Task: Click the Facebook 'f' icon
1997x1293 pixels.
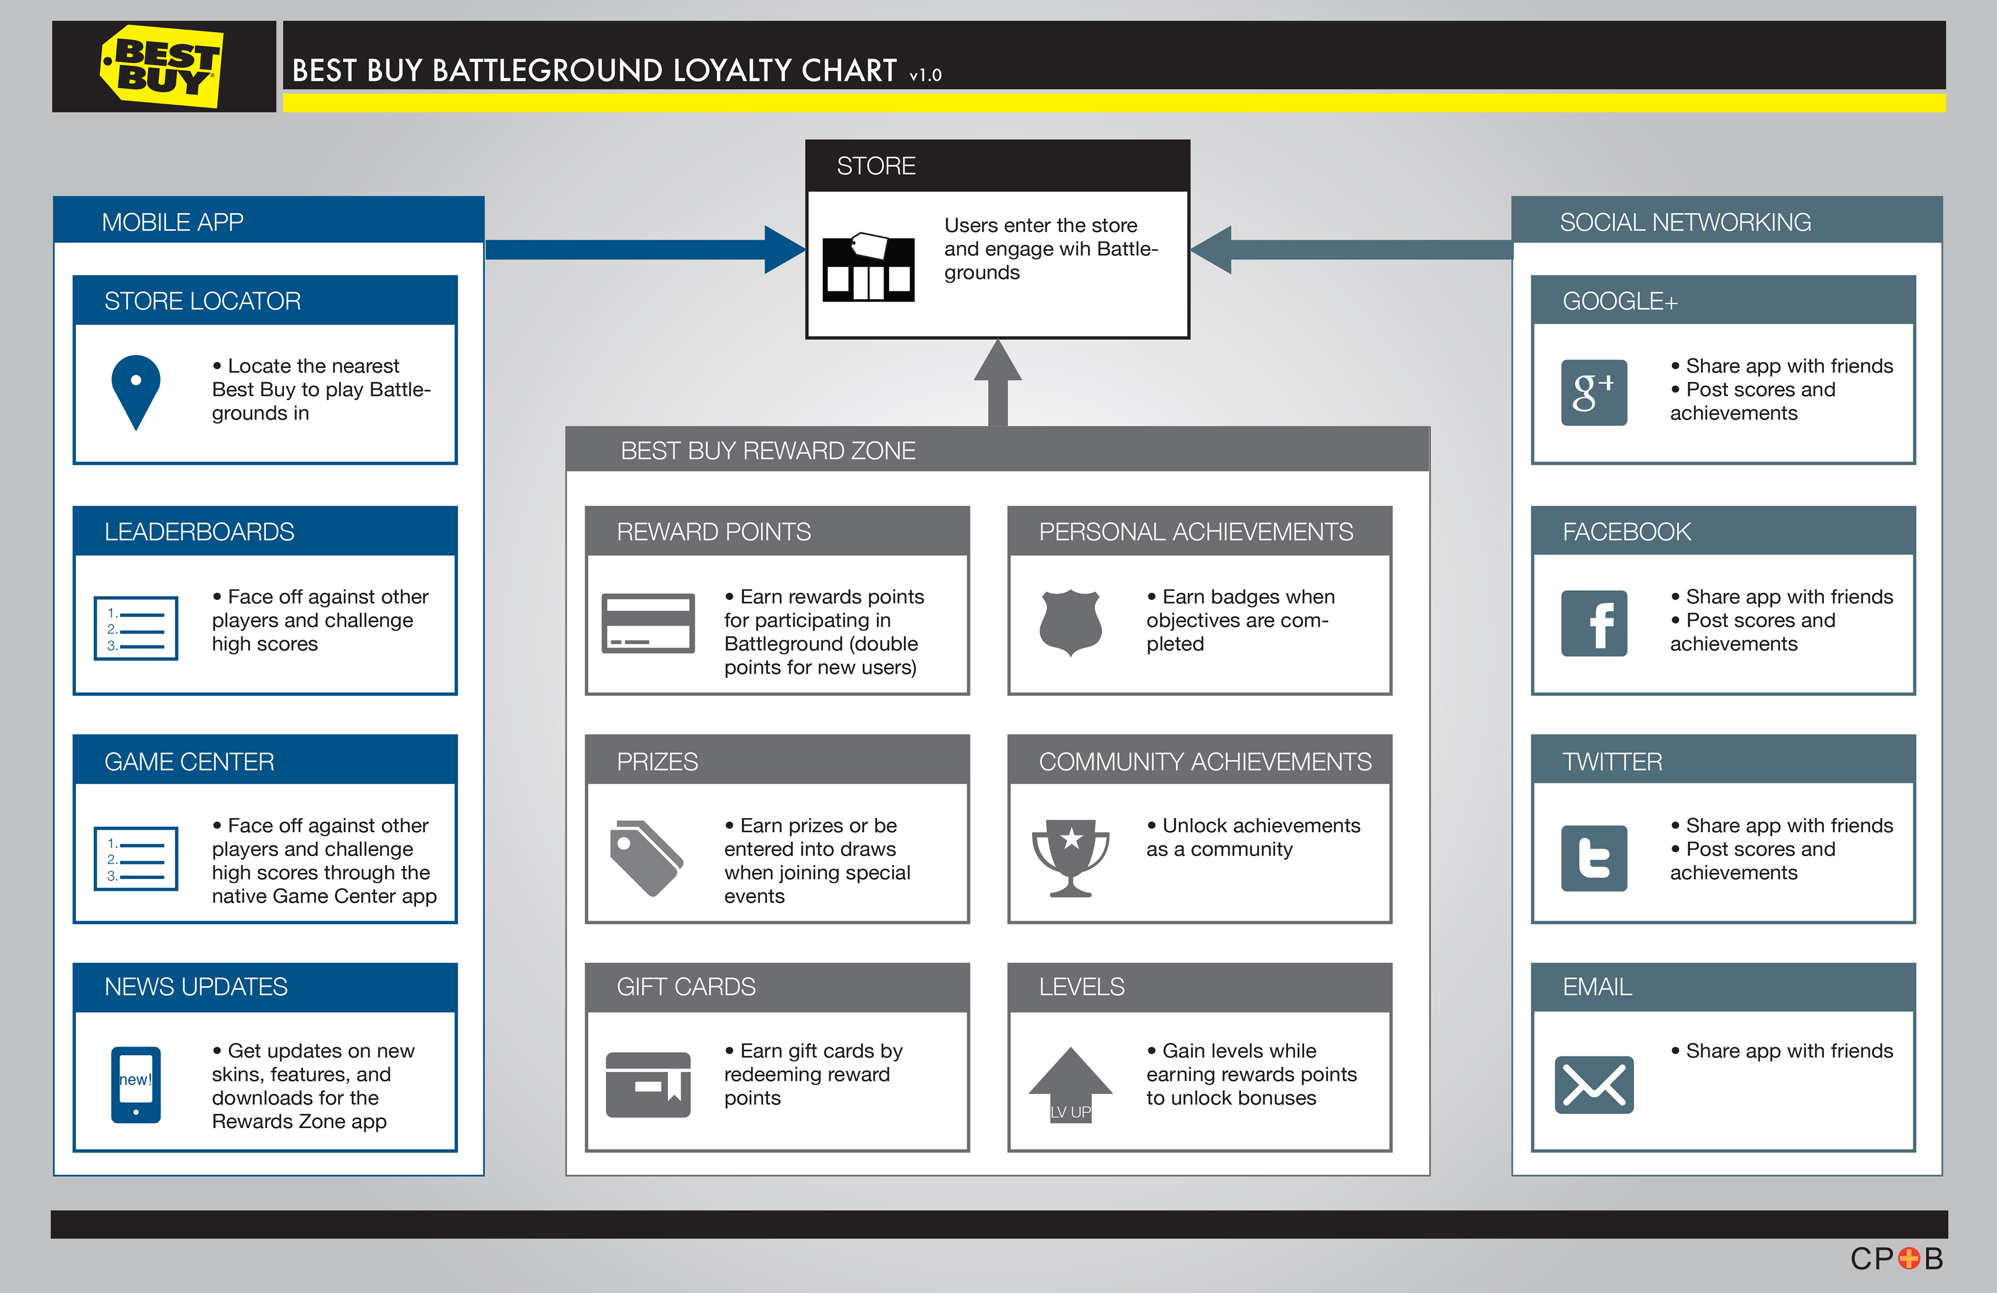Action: (x=1593, y=624)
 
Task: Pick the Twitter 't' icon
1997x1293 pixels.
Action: (x=1593, y=858)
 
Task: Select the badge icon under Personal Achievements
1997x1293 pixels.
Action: (x=1071, y=623)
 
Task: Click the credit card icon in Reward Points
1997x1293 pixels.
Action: (x=648, y=623)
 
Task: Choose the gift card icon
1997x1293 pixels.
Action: (x=648, y=1084)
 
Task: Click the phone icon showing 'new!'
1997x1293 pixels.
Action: (x=136, y=1084)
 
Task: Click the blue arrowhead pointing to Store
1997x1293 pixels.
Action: (x=785, y=249)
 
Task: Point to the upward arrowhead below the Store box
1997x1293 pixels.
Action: (x=997, y=361)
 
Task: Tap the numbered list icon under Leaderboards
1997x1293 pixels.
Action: (x=136, y=628)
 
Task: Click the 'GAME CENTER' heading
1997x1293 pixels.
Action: (x=190, y=762)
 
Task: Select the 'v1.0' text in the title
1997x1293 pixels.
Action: (x=926, y=75)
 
